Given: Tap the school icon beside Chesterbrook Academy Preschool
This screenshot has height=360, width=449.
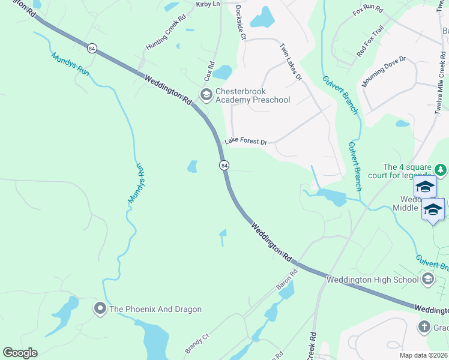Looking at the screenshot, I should pyautogui.click(x=206, y=95).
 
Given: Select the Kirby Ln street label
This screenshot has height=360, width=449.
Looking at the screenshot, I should pyautogui.click(x=208, y=4).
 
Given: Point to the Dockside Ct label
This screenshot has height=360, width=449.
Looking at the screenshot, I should pyautogui.click(x=240, y=23).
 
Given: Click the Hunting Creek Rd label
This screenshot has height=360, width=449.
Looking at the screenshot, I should pyautogui.click(x=162, y=38).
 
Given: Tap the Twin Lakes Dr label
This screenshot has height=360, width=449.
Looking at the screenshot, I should pyautogui.click(x=291, y=62).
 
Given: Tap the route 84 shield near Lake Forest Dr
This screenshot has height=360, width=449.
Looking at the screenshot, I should pyautogui.click(x=224, y=165).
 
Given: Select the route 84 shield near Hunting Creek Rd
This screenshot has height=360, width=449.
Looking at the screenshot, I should pyautogui.click(x=91, y=49).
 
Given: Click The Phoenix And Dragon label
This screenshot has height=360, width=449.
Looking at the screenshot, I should pyautogui.click(x=155, y=309).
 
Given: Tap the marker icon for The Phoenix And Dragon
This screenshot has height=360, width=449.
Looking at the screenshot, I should pyautogui.click(x=99, y=309).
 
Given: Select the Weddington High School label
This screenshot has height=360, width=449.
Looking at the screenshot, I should pyautogui.click(x=372, y=280).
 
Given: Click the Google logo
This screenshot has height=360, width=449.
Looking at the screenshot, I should pyautogui.click(x=20, y=353).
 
